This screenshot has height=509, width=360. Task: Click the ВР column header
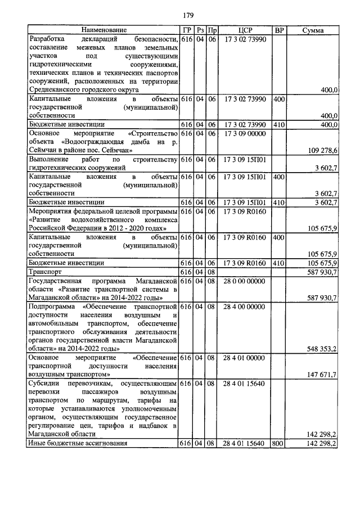278,30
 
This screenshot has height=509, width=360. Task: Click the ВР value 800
278,444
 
